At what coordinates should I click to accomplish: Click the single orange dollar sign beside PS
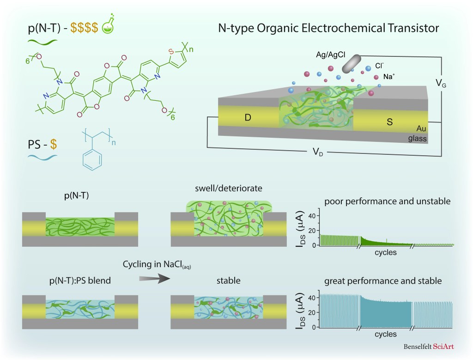click(x=54, y=145)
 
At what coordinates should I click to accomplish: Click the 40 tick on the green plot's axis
click(x=310, y=215)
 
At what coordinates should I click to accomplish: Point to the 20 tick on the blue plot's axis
click(x=310, y=312)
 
